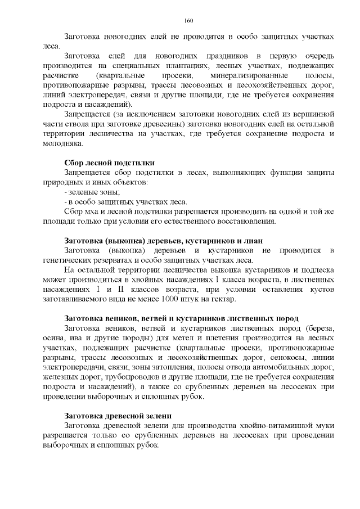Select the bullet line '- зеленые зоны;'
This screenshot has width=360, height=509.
click(88, 192)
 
